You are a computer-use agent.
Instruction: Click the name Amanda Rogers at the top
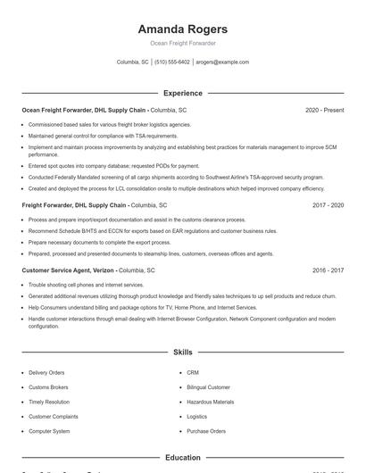[x=182, y=29]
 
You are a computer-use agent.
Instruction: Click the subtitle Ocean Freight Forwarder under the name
[x=182, y=43]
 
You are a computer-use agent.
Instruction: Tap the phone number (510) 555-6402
[x=171, y=62]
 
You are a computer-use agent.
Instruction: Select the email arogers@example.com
[x=221, y=62]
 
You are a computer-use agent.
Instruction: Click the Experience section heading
[x=182, y=93]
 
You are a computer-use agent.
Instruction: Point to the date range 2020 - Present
[x=324, y=110]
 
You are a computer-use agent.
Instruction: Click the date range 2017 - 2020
[x=328, y=204]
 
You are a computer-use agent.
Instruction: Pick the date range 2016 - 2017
[x=328, y=270]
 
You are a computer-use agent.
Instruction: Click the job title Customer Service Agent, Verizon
[x=69, y=270]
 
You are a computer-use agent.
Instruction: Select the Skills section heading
[x=182, y=353]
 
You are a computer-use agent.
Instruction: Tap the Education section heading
[x=182, y=458]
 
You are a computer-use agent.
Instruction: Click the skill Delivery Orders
[x=46, y=372]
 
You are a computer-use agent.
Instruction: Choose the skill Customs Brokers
[x=48, y=387]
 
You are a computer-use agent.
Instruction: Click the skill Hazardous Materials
[x=211, y=402]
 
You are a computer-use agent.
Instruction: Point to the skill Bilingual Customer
[x=208, y=387]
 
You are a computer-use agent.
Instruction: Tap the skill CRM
[x=193, y=372]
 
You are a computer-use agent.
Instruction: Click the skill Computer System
[x=49, y=431]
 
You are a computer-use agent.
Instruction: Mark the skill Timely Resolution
[x=48, y=402]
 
